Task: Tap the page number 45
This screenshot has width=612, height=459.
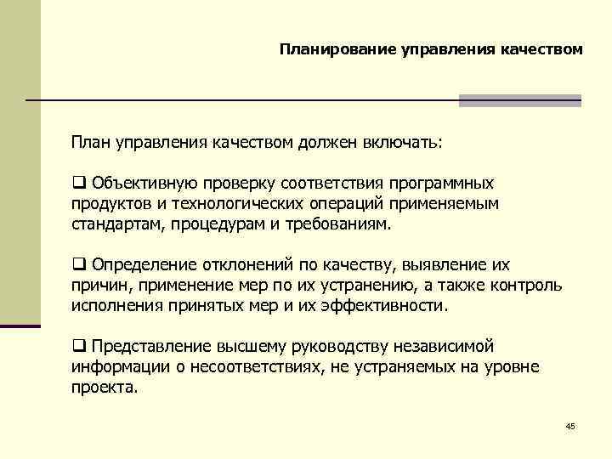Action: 569,425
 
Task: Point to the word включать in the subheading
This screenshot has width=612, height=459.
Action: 409,141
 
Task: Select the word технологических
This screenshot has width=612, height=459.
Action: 232,204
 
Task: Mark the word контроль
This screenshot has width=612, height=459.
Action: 526,286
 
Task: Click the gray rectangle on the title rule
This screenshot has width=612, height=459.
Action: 519,100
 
